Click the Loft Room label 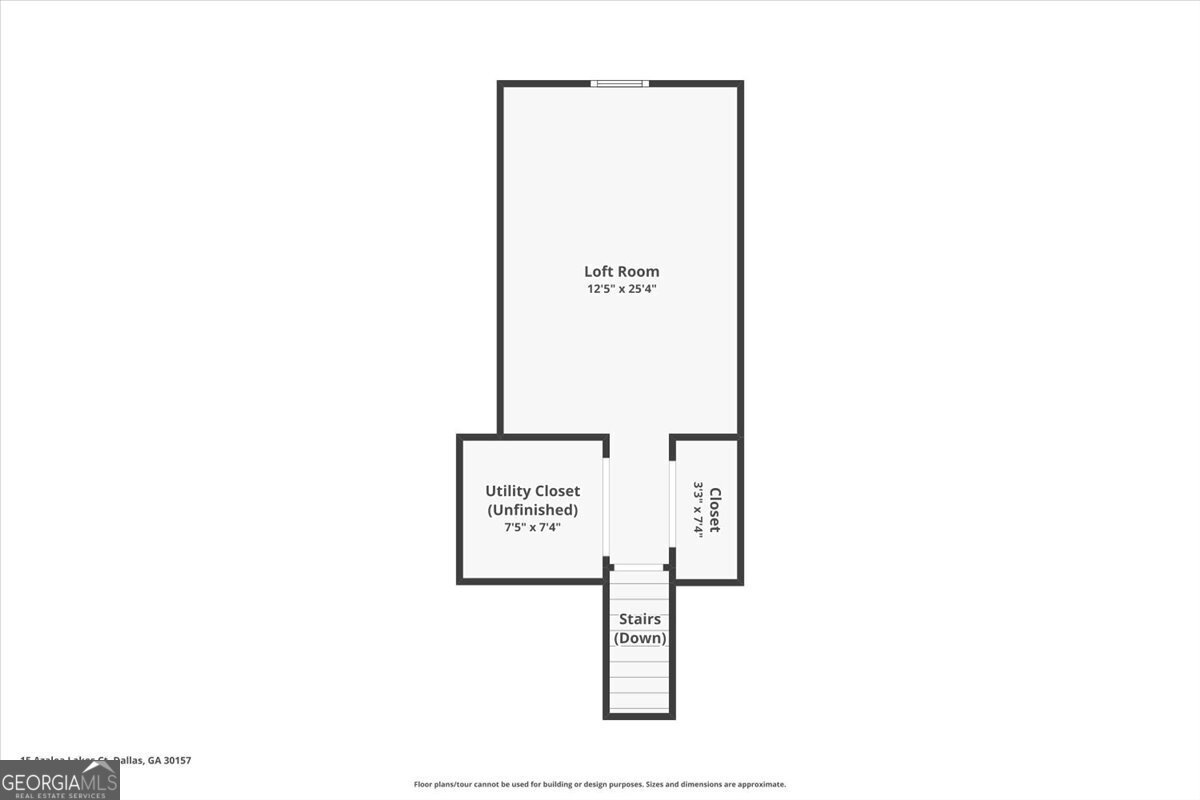coord(621,271)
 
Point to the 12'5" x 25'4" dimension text coord(621,289)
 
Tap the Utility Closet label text coord(532,491)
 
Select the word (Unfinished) coord(532,510)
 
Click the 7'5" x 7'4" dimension coord(532,527)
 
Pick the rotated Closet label coord(715,509)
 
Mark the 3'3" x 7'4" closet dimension coord(699,509)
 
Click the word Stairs coord(639,619)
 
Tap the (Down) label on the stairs coord(639,638)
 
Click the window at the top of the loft coord(620,83)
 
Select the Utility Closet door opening coord(606,508)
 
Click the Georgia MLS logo coord(60,780)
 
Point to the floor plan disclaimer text coord(600,785)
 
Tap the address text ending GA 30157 coord(105,760)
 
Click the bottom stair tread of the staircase coord(639,702)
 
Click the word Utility coord(508,491)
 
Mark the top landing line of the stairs coord(639,568)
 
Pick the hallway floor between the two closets coord(639,500)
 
